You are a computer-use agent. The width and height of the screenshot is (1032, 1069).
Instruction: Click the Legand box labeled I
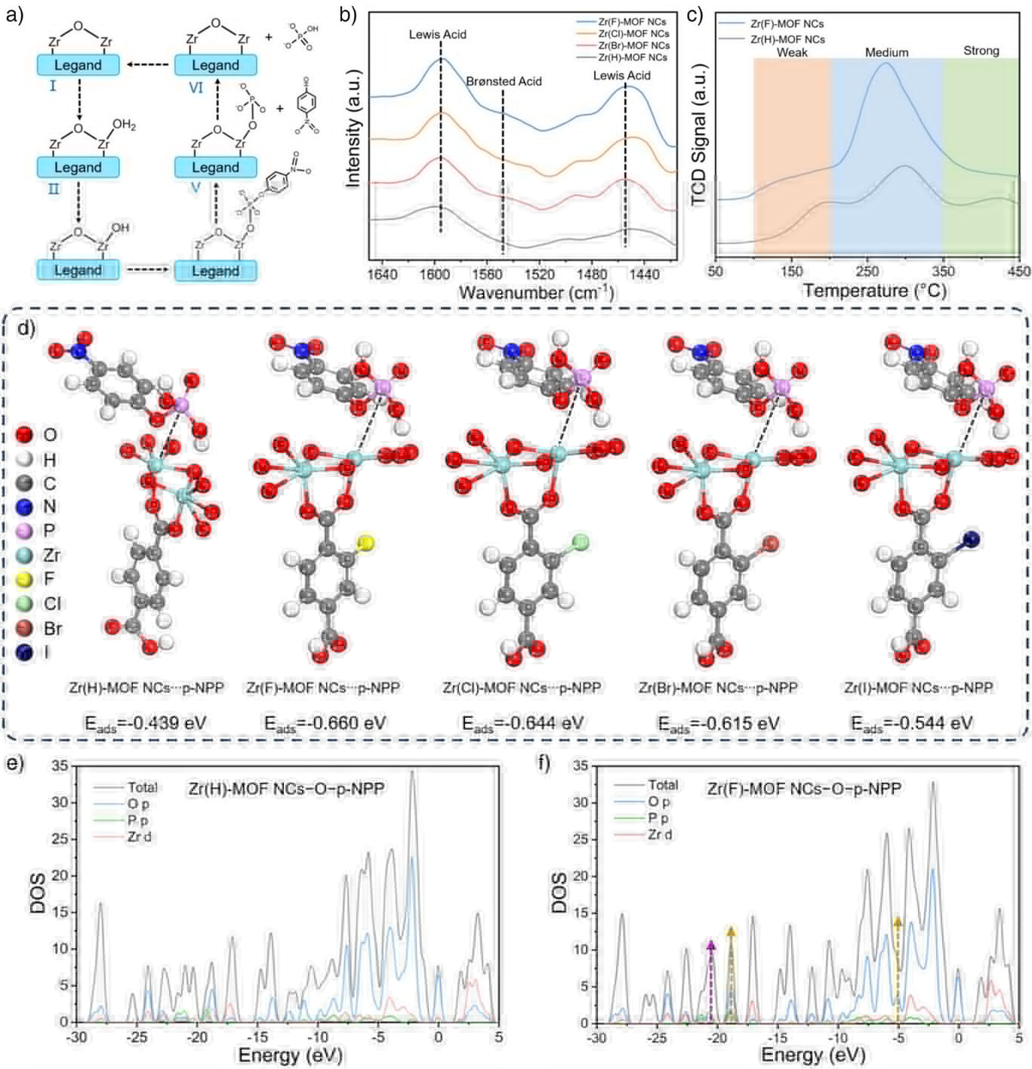pos(78,65)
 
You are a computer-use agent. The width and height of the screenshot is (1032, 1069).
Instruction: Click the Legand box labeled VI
pos(215,65)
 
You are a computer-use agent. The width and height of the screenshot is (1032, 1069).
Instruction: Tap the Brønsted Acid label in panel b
pos(504,82)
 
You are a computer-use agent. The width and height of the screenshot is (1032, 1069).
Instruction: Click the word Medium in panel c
pos(886,52)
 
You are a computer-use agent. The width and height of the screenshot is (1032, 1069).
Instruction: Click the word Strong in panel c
pos(981,51)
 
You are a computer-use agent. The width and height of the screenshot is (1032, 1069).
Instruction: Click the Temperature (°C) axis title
pos(874,291)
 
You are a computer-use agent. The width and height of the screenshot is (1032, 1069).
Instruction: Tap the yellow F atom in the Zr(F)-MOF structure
pos(366,541)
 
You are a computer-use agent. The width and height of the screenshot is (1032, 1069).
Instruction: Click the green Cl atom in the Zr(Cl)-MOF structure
pos(580,541)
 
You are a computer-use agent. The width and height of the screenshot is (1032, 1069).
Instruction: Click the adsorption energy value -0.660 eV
pos(325,723)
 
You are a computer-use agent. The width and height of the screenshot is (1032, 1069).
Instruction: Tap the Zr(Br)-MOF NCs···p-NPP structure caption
pos(718,688)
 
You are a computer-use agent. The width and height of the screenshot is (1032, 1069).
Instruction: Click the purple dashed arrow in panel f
pos(710,981)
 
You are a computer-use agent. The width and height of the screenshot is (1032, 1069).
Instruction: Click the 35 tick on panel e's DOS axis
pos(60,766)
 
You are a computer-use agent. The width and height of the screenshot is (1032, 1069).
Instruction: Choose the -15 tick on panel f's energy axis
pos(778,1038)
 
